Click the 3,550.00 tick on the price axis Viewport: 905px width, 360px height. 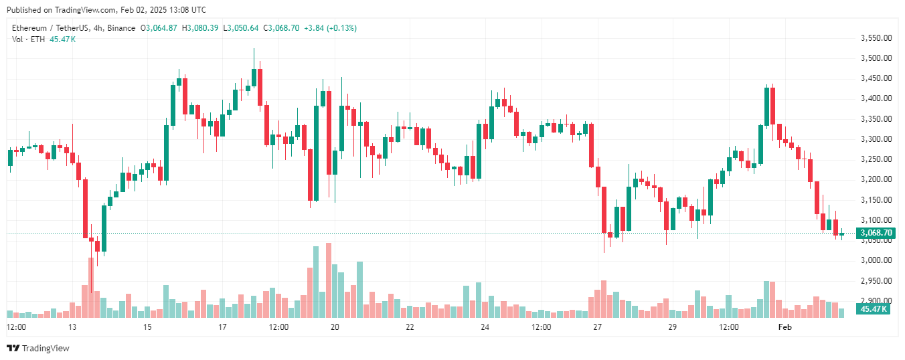[876, 38]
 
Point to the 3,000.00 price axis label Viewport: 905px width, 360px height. [876, 260]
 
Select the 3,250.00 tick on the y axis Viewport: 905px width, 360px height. [876, 159]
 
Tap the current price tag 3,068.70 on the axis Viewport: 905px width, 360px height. [876, 233]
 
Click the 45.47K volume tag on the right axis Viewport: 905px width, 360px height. [874, 309]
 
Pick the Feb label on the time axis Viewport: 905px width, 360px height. [785, 327]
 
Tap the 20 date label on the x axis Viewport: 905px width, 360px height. [335, 327]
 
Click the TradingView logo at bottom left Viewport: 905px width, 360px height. [38, 348]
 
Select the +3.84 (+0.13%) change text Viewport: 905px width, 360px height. [330, 28]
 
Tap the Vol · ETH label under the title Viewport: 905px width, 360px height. [29, 39]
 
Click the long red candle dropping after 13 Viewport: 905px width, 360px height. [85, 208]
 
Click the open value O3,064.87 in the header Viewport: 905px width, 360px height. [159, 28]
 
